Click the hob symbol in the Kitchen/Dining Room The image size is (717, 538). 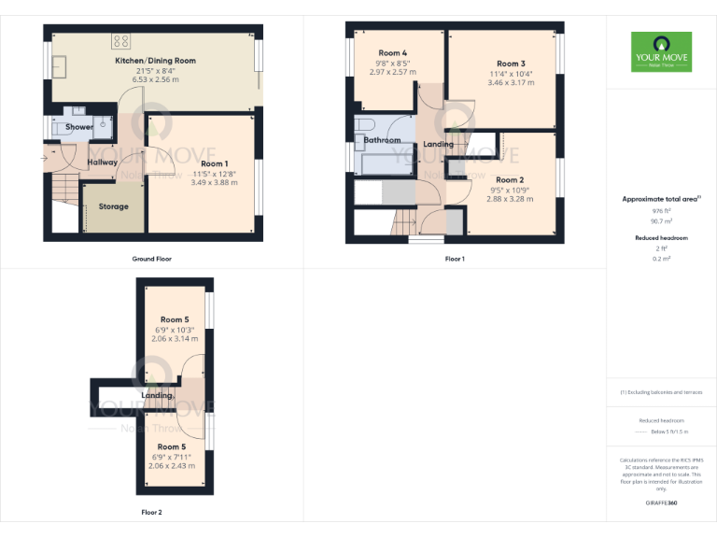(x=121, y=40)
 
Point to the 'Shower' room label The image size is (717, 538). (x=79, y=127)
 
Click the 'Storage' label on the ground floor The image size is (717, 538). (x=114, y=206)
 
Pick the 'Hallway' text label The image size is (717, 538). (x=102, y=163)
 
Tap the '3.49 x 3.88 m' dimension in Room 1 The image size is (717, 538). (x=214, y=182)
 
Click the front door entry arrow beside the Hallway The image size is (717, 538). (x=44, y=157)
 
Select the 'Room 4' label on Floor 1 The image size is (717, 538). (x=393, y=53)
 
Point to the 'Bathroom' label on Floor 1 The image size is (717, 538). (x=382, y=140)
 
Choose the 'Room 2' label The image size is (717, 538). (x=510, y=180)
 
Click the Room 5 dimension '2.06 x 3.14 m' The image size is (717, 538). (x=174, y=339)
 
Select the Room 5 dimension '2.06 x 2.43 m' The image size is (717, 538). (x=174, y=465)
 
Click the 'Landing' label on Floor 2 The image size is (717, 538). (x=157, y=395)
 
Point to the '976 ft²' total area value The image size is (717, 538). (x=661, y=212)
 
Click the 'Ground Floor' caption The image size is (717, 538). (x=151, y=258)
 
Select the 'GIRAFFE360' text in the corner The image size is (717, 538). (x=661, y=503)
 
